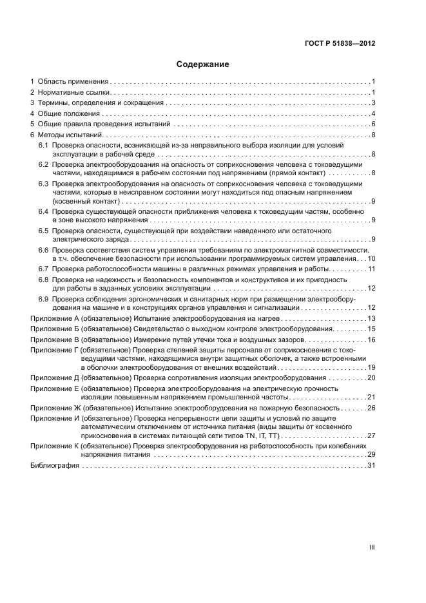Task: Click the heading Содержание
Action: click(x=203, y=64)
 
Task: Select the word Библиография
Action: click(x=55, y=466)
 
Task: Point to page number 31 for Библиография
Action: click(x=371, y=466)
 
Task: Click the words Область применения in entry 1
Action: click(x=72, y=82)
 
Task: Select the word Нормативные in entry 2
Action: click(x=61, y=93)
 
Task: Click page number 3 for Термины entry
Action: click(x=373, y=103)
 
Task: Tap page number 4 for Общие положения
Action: click(x=373, y=114)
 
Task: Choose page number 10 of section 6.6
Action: click(x=371, y=258)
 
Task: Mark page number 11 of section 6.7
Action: click(x=371, y=269)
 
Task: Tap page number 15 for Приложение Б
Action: click(x=371, y=329)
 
